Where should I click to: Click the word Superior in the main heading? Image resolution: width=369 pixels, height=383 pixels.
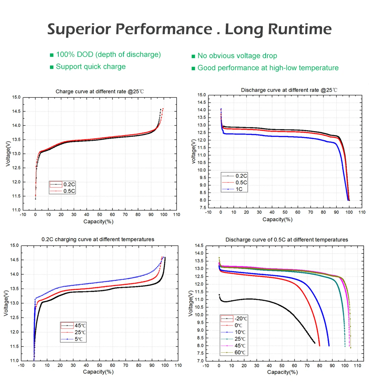coord(79,30)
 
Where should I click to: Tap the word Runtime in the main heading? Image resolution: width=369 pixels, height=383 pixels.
coord(300,29)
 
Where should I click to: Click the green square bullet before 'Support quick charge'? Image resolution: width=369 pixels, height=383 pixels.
coord(51,67)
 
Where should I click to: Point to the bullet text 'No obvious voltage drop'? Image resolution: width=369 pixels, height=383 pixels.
coord(237,56)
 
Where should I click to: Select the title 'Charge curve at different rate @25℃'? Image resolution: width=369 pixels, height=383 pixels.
coord(100,92)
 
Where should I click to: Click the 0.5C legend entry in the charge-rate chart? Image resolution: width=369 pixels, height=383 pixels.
coord(62,191)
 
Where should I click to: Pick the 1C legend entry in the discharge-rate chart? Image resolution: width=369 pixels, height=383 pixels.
coord(232,189)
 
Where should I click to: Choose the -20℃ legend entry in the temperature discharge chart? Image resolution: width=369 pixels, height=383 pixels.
coord(234,318)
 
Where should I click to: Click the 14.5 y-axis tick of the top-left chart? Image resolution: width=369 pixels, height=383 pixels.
coord(16,112)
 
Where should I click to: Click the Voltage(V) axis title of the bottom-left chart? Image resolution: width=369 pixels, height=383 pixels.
coord(6,303)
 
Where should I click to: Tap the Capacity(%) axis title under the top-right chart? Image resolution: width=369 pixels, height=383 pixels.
coord(277,219)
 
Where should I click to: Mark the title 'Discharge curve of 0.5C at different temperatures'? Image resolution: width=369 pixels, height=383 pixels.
coord(286,240)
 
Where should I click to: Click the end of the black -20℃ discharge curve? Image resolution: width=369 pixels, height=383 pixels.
coord(315,343)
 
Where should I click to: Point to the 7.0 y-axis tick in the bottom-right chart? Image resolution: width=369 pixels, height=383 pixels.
coord(200,361)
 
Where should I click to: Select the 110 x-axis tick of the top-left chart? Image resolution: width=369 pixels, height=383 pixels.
coord(176,214)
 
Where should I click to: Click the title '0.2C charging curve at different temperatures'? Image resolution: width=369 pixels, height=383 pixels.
coord(98,239)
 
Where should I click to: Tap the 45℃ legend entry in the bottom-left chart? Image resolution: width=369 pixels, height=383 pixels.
coord(73,325)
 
